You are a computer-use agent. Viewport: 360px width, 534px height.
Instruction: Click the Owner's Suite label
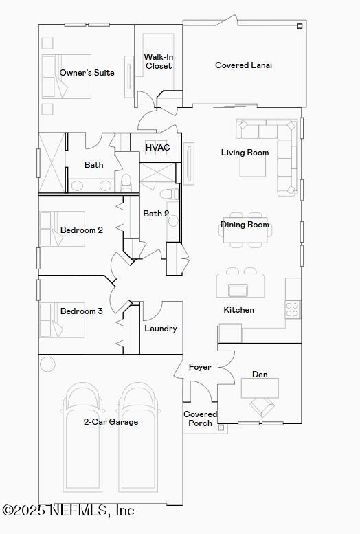tap(87, 73)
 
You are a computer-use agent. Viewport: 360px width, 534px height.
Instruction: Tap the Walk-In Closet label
tap(158, 61)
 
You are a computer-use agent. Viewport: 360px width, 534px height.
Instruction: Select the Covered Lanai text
tap(243, 65)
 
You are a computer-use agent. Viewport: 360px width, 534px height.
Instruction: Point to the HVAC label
tap(157, 148)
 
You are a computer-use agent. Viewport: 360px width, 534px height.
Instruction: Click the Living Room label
tap(245, 153)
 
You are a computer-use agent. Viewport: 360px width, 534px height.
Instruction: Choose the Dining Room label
tap(245, 225)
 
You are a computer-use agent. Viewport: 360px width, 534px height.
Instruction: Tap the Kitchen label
tap(238, 310)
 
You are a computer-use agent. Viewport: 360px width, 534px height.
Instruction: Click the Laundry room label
tap(161, 329)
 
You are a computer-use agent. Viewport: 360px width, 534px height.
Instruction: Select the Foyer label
tap(200, 367)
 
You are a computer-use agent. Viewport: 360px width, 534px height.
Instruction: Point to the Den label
tap(260, 375)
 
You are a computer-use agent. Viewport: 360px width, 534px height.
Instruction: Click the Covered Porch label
tap(200, 419)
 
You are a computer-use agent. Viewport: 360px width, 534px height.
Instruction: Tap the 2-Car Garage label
tap(111, 422)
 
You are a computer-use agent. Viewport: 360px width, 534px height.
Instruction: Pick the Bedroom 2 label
tap(82, 230)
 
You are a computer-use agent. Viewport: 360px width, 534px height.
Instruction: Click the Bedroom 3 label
tap(82, 311)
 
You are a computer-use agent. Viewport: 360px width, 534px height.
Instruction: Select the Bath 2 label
tap(156, 214)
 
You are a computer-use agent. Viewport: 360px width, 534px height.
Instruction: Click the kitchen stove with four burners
tap(293, 309)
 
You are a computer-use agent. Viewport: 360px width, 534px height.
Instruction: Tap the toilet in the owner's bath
tap(126, 182)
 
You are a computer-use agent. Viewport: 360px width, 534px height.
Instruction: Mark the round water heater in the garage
tap(47, 364)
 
